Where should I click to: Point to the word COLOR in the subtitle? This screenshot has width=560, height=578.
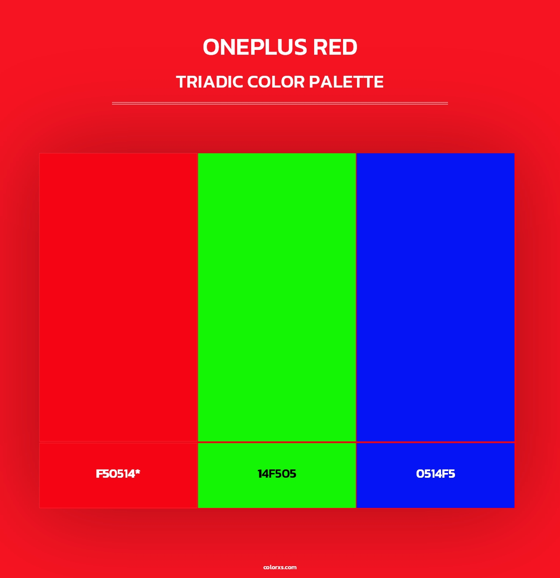point(276,82)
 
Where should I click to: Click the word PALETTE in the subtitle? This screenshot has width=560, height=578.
point(346,82)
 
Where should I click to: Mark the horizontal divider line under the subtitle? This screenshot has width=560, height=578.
point(280,103)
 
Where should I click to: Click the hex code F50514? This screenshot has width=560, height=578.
point(115,474)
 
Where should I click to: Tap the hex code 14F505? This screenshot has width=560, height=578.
point(277,474)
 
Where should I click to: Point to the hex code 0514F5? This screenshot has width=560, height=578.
point(435,474)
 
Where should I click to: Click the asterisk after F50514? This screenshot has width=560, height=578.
point(138,472)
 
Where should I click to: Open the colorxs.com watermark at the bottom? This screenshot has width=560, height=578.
point(280,567)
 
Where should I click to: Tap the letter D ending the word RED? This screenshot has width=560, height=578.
point(350,47)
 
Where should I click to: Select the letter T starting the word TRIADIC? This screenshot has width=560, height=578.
point(181,82)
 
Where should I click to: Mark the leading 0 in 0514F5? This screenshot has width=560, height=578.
point(420,474)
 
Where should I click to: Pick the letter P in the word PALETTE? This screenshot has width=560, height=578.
point(314,82)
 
